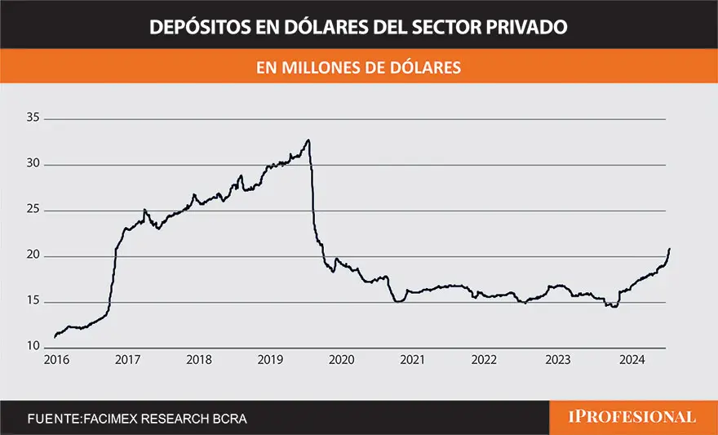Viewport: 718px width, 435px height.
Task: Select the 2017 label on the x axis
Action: (126, 360)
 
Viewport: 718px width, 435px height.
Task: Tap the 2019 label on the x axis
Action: (271, 360)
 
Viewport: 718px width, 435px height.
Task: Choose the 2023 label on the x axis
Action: (558, 360)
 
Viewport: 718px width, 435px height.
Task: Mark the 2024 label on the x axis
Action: (630, 360)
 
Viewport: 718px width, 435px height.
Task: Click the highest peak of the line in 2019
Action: (308, 140)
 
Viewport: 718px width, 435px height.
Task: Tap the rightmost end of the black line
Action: (670, 248)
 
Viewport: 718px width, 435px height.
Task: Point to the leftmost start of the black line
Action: (55, 336)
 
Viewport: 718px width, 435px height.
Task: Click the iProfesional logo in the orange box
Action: (632, 417)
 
